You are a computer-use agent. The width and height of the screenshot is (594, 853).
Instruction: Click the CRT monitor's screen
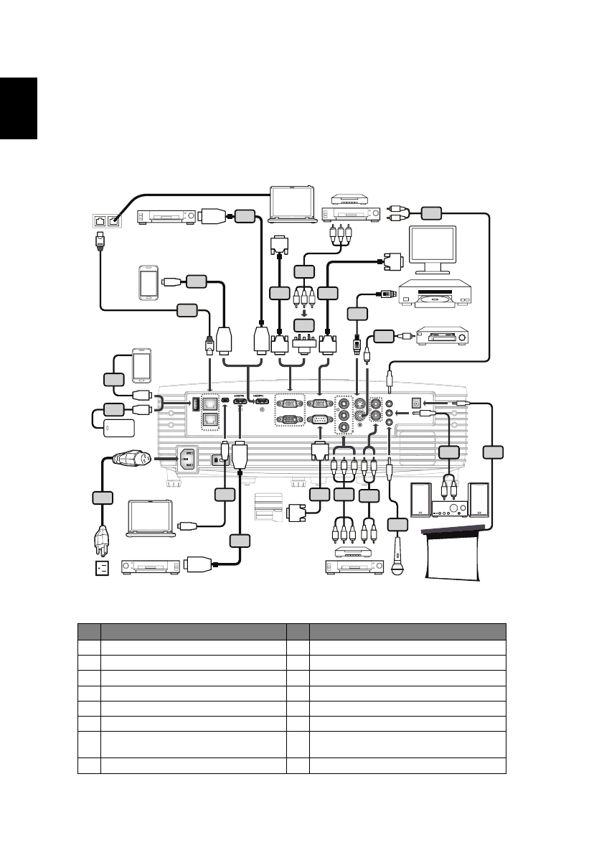[432, 248]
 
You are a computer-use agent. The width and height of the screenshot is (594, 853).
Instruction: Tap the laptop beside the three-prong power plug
[151, 519]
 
